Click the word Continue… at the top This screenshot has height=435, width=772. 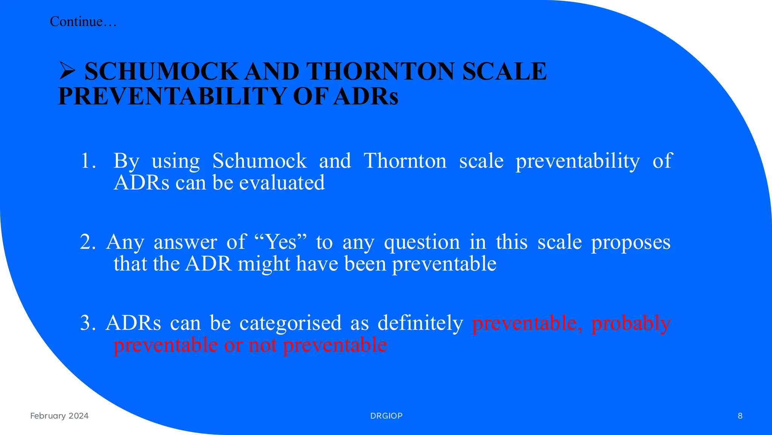pyautogui.click(x=83, y=22)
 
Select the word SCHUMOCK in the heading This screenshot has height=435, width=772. pyautogui.click(x=161, y=71)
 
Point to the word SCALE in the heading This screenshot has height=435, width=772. pyautogui.click(x=504, y=71)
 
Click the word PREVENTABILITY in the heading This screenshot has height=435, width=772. pyautogui.click(x=172, y=96)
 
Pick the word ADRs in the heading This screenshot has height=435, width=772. pyautogui.click(x=366, y=96)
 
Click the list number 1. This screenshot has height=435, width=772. pyautogui.click(x=88, y=161)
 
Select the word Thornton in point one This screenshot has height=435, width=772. pyautogui.click(x=405, y=161)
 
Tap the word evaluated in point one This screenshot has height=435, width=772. pyautogui.click(x=282, y=183)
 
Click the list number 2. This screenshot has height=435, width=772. pyautogui.click(x=87, y=242)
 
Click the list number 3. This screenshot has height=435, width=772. pyautogui.click(x=87, y=323)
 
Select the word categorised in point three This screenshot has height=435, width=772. pyautogui.click(x=290, y=323)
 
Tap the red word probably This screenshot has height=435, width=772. pyautogui.click(x=631, y=323)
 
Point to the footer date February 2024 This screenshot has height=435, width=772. pyautogui.click(x=59, y=416)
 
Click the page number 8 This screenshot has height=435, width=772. pyautogui.click(x=740, y=416)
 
